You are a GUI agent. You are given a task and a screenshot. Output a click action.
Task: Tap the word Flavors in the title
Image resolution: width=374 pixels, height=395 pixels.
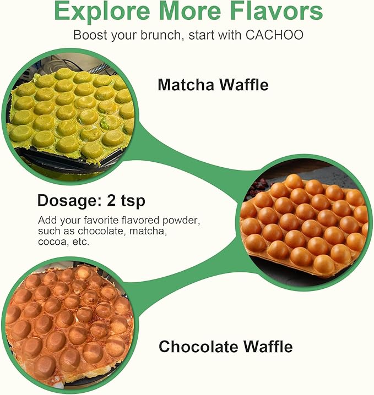pos(274,12)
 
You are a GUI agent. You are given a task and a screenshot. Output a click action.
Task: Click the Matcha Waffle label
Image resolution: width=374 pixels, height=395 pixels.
pos(213,85)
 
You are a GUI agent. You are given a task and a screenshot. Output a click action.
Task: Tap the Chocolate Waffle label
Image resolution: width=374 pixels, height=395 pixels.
pos(225,347)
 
